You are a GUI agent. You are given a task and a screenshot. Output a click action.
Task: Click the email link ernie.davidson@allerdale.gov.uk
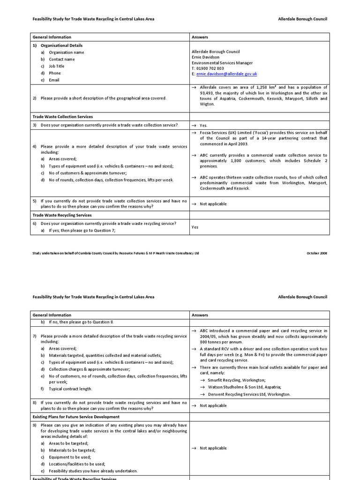point(226,74)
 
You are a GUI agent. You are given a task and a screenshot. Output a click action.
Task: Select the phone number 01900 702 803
point(210,68)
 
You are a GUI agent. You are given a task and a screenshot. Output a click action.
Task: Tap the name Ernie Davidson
point(205,57)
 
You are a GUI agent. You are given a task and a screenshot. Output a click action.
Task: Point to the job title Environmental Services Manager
point(222,63)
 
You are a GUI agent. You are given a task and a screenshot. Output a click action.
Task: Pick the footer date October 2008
point(317,253)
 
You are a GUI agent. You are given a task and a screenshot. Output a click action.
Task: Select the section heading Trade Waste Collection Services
point(62,117)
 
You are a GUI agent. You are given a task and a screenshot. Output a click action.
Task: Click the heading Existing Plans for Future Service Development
point(76,417)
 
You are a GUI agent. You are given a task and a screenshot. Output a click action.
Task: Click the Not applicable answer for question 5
point(213,204)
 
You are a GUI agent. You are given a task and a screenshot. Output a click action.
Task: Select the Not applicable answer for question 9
point(213,448)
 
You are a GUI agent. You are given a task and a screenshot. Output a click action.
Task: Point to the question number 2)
point(35,98)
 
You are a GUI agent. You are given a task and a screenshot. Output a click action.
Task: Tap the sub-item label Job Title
point(57,66)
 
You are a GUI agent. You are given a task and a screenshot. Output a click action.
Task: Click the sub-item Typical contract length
point(70,389)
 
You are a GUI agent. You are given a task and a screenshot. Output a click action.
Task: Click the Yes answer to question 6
point(195,227)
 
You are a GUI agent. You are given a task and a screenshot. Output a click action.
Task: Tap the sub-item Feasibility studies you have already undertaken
point(93,471)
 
